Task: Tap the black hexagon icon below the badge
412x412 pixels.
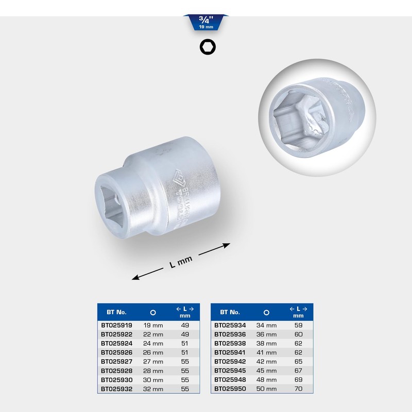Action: pos(208,47)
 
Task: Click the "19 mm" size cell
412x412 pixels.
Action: pos(153,325)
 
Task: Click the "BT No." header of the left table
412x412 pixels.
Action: pos(116,312)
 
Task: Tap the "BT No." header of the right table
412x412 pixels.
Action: pos(230,312)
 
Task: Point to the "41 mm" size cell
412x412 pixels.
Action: pos(266,352)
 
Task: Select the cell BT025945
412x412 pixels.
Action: pos(230,370)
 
